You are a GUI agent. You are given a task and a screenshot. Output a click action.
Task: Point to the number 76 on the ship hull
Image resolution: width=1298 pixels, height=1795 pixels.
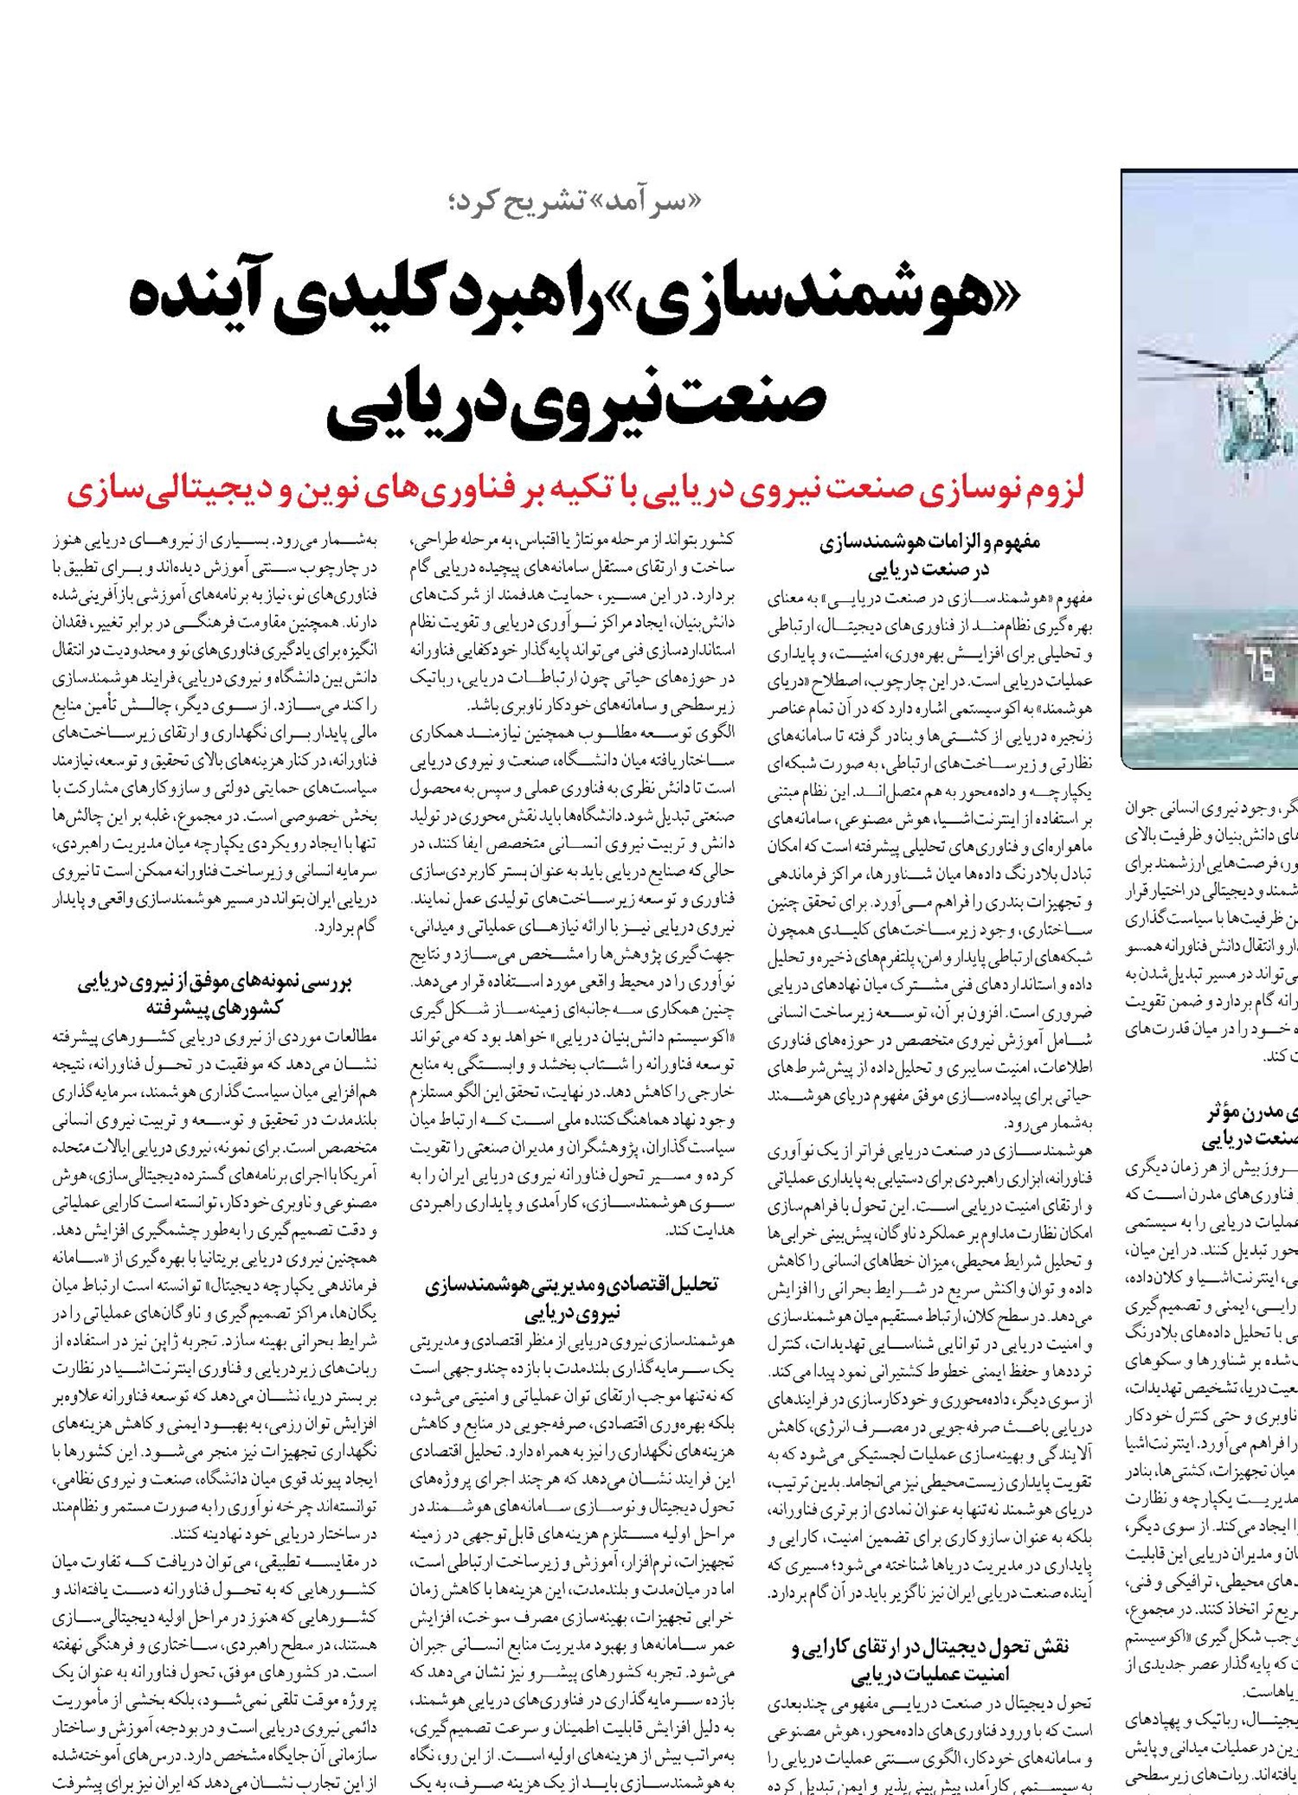coord(1259,667)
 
